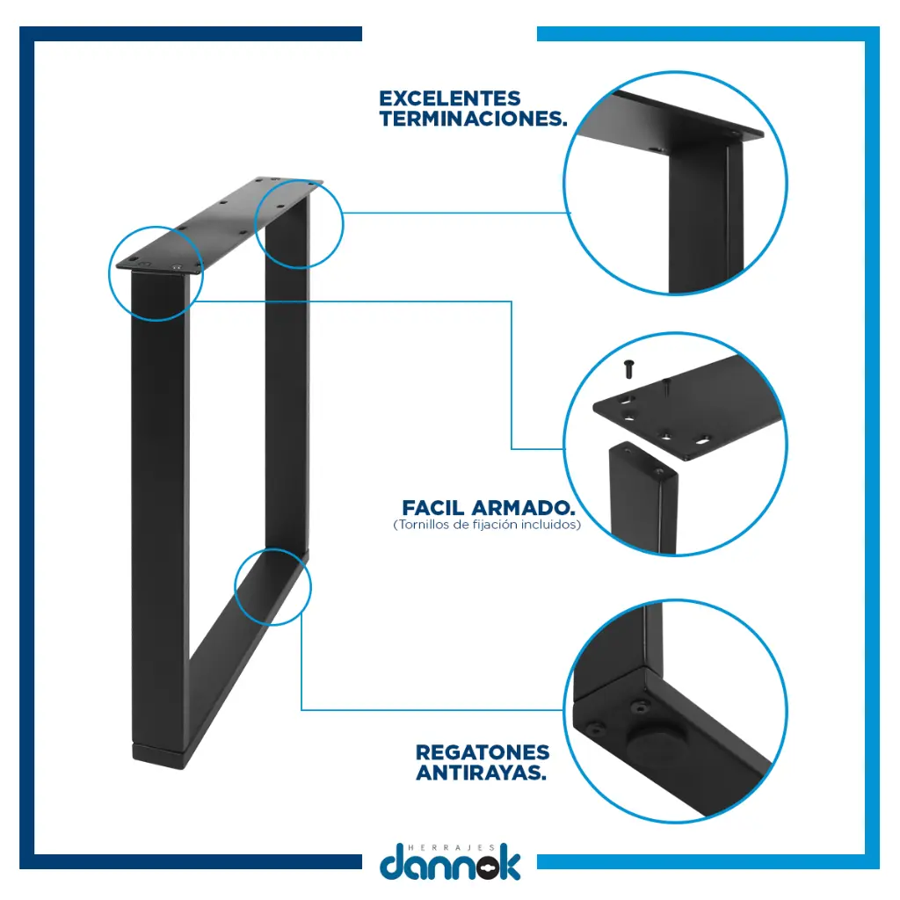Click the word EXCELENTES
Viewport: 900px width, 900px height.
(x=450, y=98)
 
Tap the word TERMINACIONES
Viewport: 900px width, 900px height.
(x=473, y=119)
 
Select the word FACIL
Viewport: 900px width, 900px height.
(x=433, y=508)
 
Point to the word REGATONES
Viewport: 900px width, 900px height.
(x=483, y=752)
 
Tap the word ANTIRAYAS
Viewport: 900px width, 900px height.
(x=481, y=773)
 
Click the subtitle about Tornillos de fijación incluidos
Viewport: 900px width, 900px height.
(x=487, y=525)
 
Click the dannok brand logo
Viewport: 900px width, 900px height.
(x=451, y=862)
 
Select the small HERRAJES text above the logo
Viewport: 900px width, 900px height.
(x=451, y=847)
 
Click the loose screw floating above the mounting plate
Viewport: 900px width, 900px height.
(x=629, y=368)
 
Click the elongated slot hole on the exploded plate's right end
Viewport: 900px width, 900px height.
(x=703, y=441)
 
